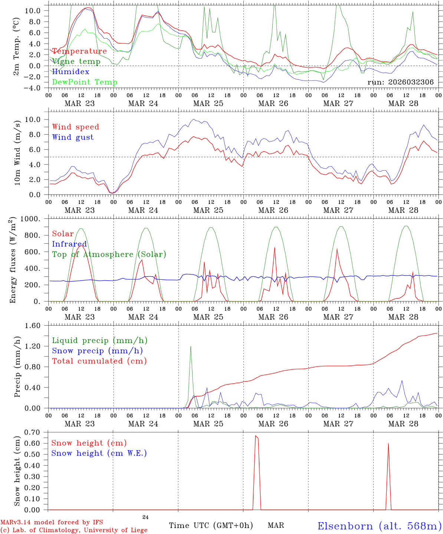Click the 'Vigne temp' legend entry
76,61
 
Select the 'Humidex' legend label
70,72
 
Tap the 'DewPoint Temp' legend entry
85,82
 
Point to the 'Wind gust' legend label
73,137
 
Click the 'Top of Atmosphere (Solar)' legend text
109,254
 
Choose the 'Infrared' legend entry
69,244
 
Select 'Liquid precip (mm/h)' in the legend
100,340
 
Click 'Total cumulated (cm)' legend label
99,361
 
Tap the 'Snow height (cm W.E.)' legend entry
99,453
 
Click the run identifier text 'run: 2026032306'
400,82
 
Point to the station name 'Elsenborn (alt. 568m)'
379,526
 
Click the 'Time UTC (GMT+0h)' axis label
211,525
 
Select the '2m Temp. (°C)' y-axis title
17,47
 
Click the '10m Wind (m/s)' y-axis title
17,152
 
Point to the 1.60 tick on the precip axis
36,326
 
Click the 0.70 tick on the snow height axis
36,432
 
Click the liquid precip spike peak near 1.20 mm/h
191,346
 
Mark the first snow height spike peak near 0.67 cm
256,436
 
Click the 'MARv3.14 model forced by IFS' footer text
52,523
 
